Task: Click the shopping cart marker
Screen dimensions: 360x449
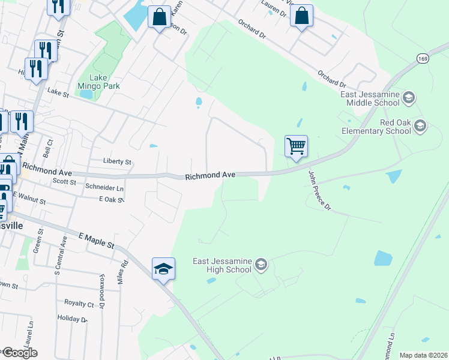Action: click(x=296, y=146)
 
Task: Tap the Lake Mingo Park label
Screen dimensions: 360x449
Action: click(x=104, y=82)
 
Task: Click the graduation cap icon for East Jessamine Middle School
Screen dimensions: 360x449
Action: click(x=409, y=98)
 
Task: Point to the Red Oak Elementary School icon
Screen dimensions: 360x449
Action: click(x=420, y=126)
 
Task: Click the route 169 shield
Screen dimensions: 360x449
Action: click(x=423, y=58)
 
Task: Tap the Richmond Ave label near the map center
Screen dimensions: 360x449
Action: click(x=209, y=176)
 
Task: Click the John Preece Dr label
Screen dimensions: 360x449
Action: click(x=319, y=190)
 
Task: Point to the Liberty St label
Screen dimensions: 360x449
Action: click(x=118, y=162)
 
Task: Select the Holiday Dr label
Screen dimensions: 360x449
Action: click(x=72, y=319)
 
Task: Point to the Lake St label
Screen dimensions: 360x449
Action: click(x=59, y=92)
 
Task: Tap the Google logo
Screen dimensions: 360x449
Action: click(x=19, y=353)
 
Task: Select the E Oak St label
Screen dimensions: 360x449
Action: click(x=111, y=199)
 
